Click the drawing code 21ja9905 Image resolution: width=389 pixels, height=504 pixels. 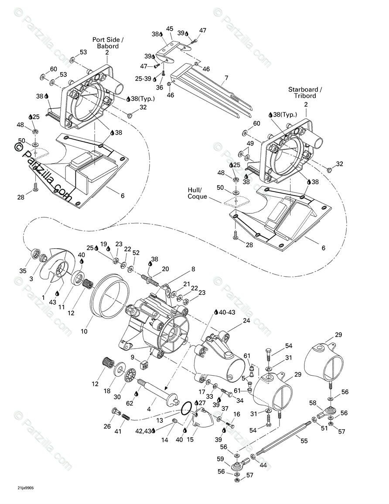pyautogui.click(x=22, y=488)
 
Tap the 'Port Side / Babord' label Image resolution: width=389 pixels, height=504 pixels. pyautogui.click(x=107, y=42)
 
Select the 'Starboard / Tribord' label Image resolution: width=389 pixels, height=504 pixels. pyautogui.click(x=305, y=93)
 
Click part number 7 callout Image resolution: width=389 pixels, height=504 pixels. pyautogui.click(x=226, y=79)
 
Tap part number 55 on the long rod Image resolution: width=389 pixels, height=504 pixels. pyautogui.click(x=304, y=441)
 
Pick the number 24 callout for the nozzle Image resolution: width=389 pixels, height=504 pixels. pyautogui.click(x=246, y=321)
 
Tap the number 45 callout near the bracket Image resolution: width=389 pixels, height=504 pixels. pyautogui.click(x=170, y=29)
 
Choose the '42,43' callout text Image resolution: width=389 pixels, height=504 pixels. pyautogui.click(x=143, y=432)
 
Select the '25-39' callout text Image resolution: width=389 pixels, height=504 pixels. pyautogui.click(x=143, y=78)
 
